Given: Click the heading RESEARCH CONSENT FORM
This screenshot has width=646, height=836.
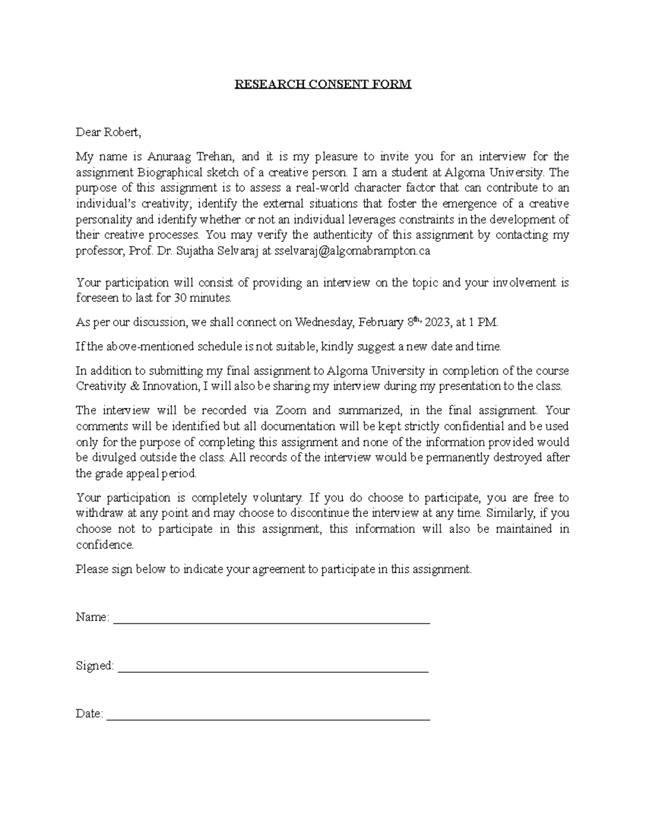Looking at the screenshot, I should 322,84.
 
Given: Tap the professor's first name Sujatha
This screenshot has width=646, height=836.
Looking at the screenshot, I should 192,251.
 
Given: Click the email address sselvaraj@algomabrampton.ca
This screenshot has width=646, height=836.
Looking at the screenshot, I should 352,251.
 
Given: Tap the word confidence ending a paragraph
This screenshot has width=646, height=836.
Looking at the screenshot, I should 104,545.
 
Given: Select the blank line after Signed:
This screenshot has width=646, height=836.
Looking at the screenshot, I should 273,668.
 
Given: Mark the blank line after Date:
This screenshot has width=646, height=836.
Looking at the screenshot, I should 269,715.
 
